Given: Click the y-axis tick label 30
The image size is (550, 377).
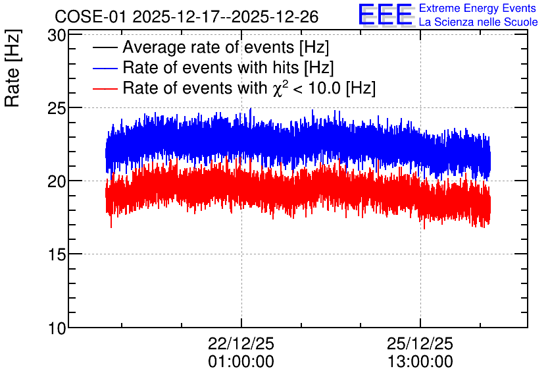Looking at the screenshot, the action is pos(57,36).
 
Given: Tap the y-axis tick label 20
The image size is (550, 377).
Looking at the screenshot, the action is pos(57,182).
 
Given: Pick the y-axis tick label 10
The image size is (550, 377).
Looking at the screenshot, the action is pos(57,328).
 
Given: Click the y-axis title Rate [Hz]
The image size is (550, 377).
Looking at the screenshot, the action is pos(12,68).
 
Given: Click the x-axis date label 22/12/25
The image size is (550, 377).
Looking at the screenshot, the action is pos(241,343).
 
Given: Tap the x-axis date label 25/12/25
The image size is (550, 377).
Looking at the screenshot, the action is pos(420,343).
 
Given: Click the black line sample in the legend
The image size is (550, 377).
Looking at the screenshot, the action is pos(105,47).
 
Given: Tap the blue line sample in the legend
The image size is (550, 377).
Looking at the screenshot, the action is pos(105,68).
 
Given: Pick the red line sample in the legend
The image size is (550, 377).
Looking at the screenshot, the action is pos(105,88).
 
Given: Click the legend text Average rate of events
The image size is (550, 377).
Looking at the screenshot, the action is pos(209,47).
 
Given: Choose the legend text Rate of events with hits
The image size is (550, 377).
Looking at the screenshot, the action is pos(211,68).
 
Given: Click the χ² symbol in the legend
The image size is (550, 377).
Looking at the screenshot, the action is pos(279,88).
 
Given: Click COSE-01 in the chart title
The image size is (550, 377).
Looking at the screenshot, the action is pos(90,16).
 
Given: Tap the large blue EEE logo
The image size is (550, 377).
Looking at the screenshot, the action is pos(386,14).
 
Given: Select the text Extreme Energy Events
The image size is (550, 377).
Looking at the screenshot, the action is pos(478,8).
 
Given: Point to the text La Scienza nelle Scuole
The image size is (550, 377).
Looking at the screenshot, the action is pos(478,22).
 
